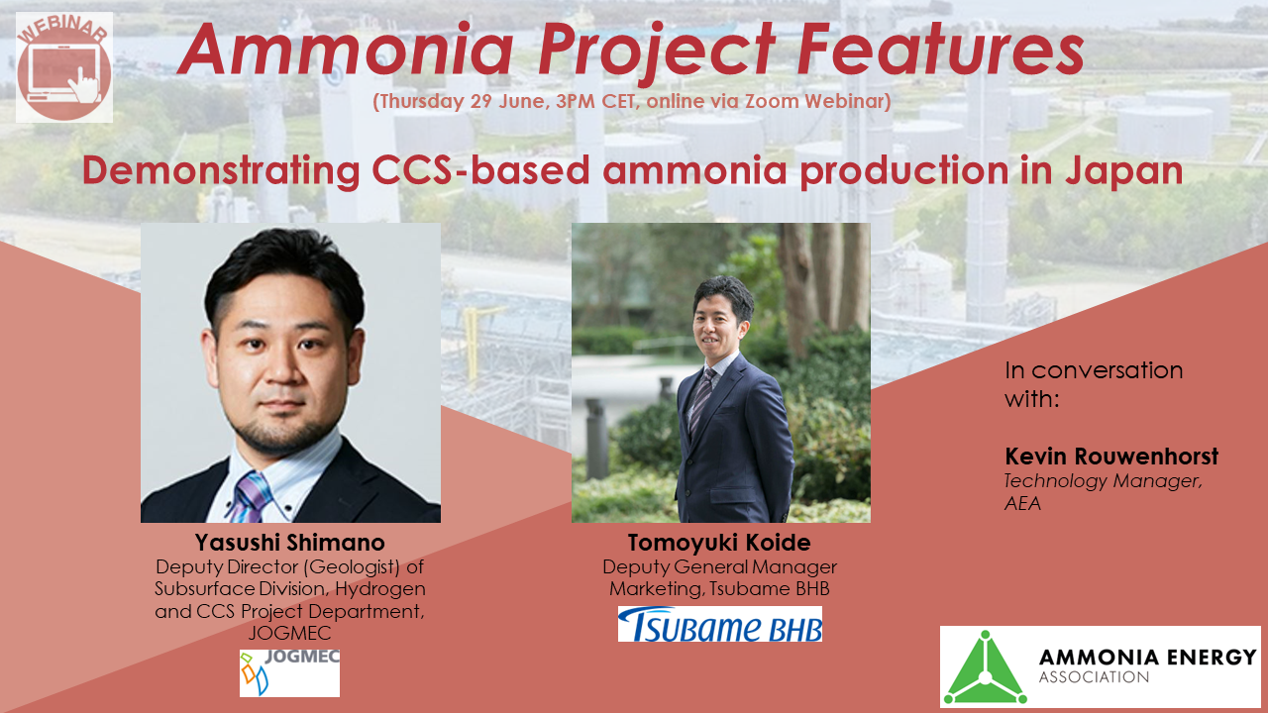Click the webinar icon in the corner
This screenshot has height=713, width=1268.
tap(64, 67)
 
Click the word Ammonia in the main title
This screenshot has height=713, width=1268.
tap(341, 51)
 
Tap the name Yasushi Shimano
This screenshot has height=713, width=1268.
tap(290, 543)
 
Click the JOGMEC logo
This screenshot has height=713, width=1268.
tap(289, 672)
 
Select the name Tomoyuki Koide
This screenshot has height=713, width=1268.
tap(720, 543)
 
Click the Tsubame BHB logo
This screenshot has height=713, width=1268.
tap(720, 624)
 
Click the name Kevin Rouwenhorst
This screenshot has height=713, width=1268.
tap(1111, 457)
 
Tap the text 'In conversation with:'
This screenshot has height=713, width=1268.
tap(1094, 384)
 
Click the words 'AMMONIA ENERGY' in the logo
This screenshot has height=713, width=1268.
tap(1147, 657)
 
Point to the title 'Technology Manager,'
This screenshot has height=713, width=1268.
tap(1103, 480)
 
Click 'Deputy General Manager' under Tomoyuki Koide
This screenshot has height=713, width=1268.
tap(720, 566)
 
